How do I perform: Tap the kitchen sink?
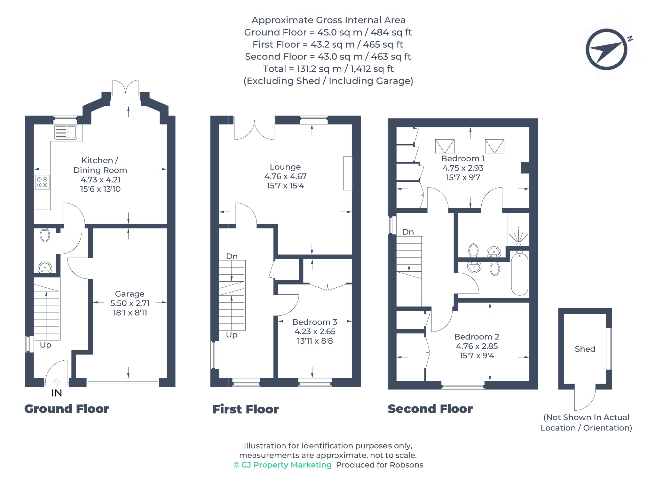[66, 132]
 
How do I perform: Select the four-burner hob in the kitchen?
[42, 182]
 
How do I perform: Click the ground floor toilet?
[45, 235]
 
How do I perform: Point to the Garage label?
[130, 294]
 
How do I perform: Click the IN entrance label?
[57, 393]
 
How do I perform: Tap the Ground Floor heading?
[67, 409]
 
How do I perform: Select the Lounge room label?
[285, 167]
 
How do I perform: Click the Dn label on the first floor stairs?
[232, 256]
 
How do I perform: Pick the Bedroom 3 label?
[315, 322]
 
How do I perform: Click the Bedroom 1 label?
[463, 158]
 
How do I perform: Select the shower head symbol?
[518, 236]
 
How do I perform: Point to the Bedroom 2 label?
[477, 337]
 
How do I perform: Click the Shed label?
[585, 349]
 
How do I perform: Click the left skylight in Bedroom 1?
[445, 146]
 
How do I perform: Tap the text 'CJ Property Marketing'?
[287, 465]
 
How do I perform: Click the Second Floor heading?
[430, 409]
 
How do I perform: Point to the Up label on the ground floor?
[45, 345]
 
